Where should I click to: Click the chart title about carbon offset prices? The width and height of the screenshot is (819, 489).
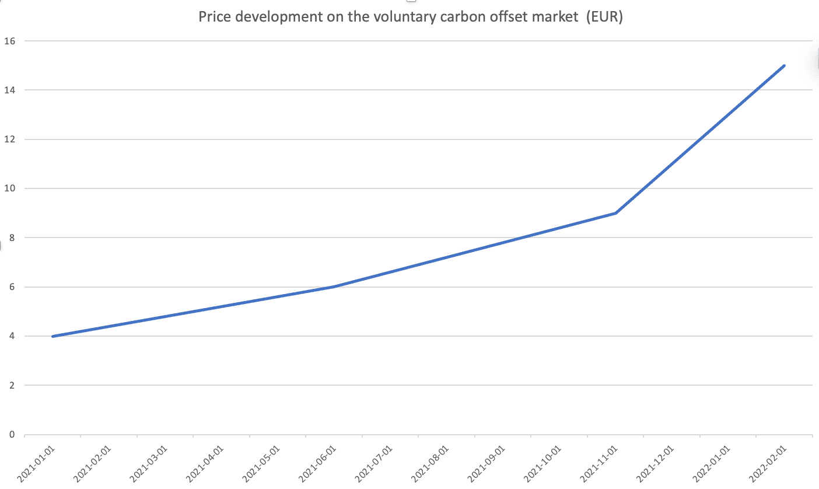pos(410,17)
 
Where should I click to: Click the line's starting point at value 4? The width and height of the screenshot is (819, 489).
pos(52,336)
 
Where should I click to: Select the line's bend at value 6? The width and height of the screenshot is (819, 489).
pos(334,287)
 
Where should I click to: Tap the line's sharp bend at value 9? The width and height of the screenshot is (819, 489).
pos(615,213)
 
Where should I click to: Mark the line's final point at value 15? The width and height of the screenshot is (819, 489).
pos(785,65)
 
